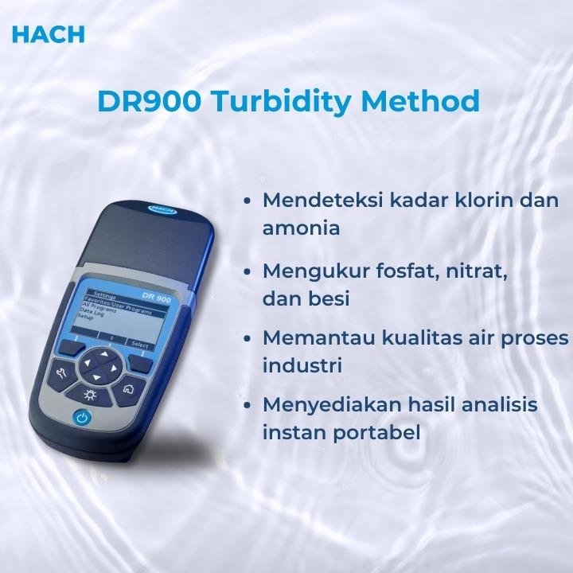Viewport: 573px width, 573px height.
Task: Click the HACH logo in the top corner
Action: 49,34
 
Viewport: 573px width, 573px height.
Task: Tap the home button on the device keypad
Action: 128,389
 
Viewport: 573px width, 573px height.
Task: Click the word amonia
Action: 302,228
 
